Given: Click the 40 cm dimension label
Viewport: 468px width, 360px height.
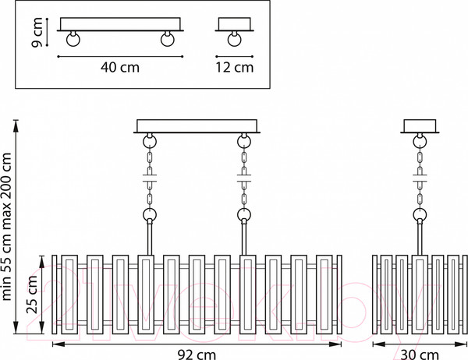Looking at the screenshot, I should (121, 67).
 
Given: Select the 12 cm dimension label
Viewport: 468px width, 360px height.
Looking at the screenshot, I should (234, 67).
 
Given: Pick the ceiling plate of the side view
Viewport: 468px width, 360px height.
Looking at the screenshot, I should (420, 125).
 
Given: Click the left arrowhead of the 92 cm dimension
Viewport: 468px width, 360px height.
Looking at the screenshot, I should (55, 343).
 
